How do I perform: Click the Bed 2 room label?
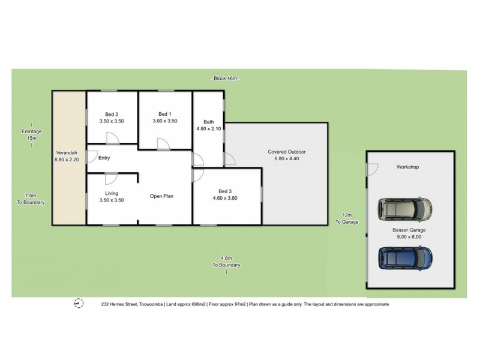coord(112,114)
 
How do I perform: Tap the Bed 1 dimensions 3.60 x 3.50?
coord(165,121)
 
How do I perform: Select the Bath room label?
coord(208,122)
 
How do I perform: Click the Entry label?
coord(104,158)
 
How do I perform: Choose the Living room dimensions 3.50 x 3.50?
coord(112,200)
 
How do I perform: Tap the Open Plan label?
coord(161,196)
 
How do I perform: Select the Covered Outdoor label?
coord(287,152)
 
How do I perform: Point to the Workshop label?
coord(406,167)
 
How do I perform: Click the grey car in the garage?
coord(405,209)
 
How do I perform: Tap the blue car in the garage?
coord(405,258)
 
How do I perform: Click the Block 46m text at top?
coord(226,79)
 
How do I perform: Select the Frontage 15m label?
coord(31,134)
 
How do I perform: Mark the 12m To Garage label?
coord(346,218)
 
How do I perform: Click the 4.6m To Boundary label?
coord(226,262)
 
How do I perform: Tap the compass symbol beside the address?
coord(77,304)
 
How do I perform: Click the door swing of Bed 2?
coord(112,137)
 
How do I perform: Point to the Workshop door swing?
coord(372,170)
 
